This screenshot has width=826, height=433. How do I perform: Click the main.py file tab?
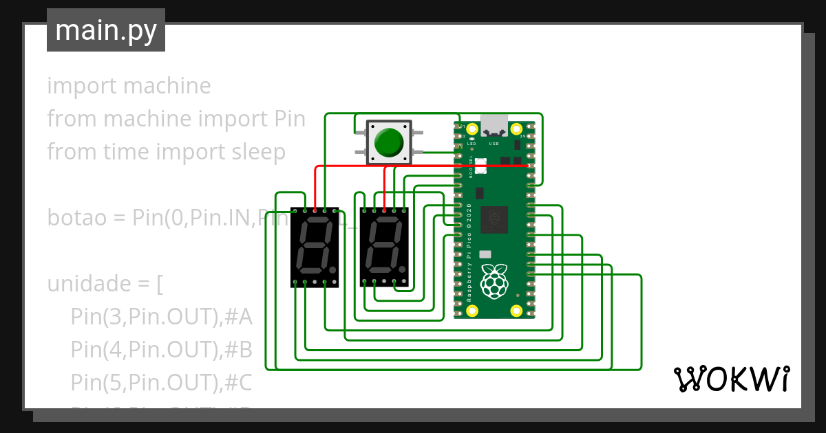tap(106, 30)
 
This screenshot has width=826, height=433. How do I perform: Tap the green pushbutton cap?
tap(390, 142)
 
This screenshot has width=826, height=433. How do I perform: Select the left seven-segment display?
tap(315, 247)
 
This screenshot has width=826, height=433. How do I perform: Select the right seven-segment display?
tap(384, 247)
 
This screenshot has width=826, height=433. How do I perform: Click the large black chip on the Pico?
tap(494, 220)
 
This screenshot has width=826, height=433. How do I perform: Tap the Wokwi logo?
tap(731, 379)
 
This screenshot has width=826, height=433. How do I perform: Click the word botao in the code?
tap(75, 218)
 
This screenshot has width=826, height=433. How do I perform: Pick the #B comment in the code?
tap(238, 349)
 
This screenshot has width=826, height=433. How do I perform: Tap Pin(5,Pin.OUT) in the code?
tap(144, 381)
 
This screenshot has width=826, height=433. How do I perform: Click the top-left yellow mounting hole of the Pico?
tap(472, 129)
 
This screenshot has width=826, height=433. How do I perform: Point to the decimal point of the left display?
tap(333, 270)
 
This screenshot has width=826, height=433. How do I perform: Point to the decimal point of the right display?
tap(403, 270)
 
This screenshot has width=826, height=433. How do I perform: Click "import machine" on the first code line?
tap(129, 86)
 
